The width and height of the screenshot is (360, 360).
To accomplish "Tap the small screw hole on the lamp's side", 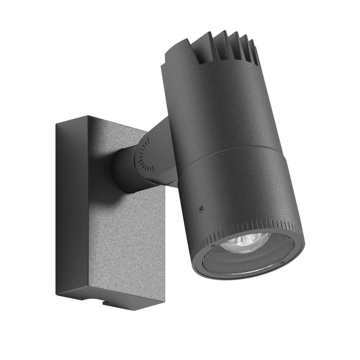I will point(201,209).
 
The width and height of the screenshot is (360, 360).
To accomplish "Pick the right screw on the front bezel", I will point(282,263).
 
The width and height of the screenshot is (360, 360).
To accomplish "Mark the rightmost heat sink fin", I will point(255,53).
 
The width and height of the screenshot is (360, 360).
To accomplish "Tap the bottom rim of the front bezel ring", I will point(246,278).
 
